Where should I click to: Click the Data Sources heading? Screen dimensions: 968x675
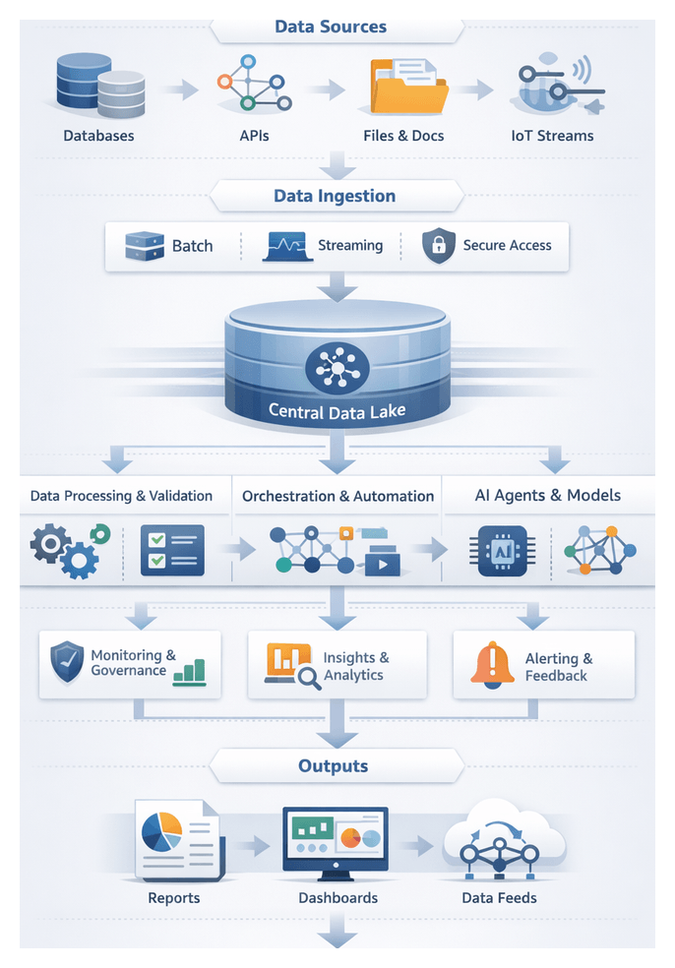pos(331,26)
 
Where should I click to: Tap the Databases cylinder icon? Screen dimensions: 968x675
pos(99,87)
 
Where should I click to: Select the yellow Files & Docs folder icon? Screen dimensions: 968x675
pos(408,89)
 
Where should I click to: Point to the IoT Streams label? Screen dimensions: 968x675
pos(552,136)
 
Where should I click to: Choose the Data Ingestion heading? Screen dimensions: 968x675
pos(335,196)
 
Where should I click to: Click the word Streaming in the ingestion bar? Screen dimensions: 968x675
pos(350,245)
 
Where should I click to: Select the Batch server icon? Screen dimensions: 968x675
pos(145,246)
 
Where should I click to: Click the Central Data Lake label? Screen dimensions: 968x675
pos(337,411)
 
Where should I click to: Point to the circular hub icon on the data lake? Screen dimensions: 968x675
pos(337,369)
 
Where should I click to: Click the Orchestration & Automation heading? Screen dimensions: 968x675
pos(337,496)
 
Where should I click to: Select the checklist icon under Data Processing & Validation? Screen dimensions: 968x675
pos(172,550)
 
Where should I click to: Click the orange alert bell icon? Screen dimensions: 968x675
pos(492,664)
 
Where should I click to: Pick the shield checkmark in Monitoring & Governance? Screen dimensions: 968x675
pos(67,662)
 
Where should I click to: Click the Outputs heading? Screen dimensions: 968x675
pos(334,765)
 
